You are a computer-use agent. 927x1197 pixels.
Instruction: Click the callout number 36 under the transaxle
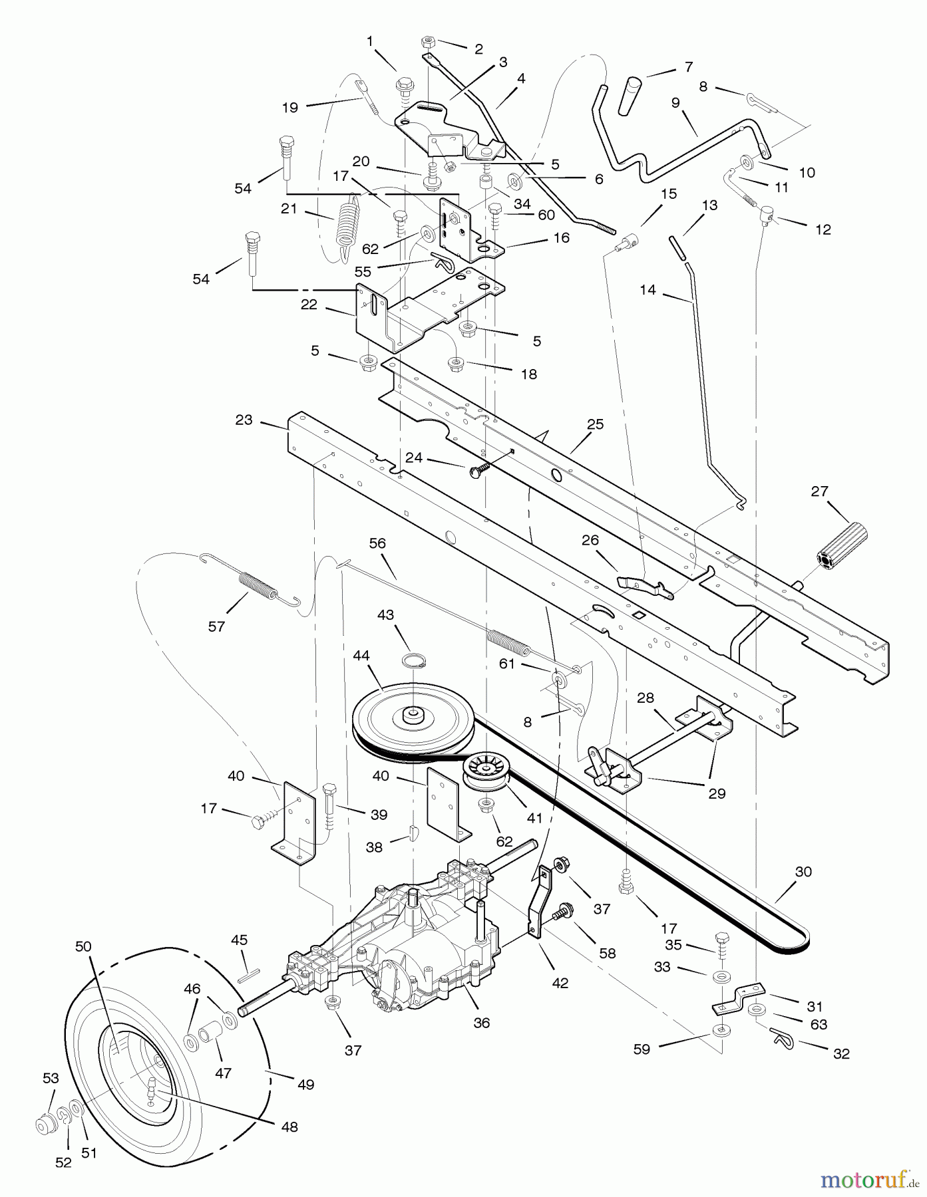tap(481, 1022)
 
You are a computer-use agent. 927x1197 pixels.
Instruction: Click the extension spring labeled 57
tap(256, 586)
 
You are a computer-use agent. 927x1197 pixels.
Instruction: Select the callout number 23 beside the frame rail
tap(244, 420)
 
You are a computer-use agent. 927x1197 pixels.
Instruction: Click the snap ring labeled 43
tap(413, 661)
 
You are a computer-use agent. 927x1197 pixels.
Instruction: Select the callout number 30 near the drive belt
tap(803, 871)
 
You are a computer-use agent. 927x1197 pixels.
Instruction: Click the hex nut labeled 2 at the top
tap(427, 43)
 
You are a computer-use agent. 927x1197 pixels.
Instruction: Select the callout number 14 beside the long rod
tap(648, 290)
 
